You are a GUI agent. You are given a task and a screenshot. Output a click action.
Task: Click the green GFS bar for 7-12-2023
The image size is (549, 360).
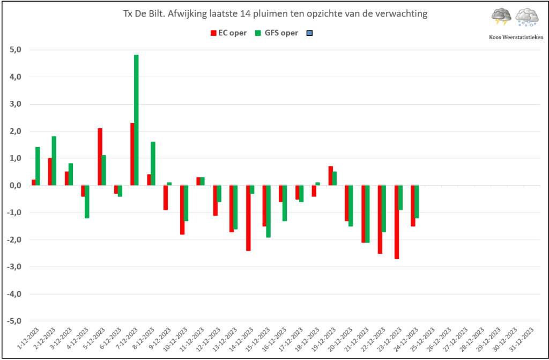point(136,120)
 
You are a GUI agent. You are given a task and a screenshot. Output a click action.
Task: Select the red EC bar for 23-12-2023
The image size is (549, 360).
point(397,222)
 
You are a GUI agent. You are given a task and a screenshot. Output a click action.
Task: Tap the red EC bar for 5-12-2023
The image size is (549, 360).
point(100,157)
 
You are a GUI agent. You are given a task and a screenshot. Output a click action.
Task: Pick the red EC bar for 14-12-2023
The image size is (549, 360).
point(248,218)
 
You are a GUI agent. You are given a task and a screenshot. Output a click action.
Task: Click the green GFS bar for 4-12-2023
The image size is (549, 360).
point(87,202)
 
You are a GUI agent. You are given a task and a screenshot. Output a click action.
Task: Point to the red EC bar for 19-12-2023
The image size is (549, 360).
point(330,175)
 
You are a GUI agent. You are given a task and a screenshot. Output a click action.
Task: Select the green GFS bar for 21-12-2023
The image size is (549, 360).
point(368,214)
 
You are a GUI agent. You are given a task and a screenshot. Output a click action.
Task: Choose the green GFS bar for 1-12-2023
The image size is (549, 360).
point(38,166)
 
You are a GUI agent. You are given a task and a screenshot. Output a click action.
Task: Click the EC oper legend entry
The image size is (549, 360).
point(228,33)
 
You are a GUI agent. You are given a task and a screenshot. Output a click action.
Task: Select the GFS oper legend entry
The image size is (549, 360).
point(277,33)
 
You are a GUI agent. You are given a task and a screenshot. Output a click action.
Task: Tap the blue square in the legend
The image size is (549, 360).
point(309,33)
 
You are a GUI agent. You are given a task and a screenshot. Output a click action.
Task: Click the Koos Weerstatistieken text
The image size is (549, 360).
point(516,37)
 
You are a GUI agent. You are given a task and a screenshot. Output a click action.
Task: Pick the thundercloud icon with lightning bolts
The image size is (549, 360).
point(501,17)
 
